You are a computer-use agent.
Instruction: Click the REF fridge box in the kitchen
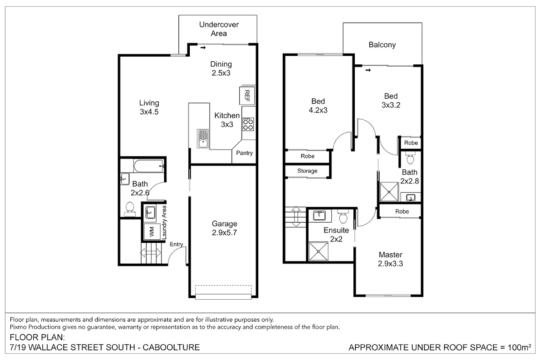click(247, 96)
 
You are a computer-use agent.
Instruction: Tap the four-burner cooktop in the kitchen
click(248, 124)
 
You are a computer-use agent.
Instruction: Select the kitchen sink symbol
click(203, 139)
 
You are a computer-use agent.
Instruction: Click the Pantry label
click(244, 153)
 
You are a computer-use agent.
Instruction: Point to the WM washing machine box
click(152, 232)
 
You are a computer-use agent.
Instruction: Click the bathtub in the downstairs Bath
click(148, 166)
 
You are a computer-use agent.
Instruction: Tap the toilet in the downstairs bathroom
click(130, 209)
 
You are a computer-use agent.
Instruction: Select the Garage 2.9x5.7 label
click(225, 228)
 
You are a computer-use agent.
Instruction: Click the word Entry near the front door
click(176, 244)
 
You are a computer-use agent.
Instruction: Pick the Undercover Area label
click(219, 29)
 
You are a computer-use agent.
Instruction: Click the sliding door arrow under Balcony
click(368, 70)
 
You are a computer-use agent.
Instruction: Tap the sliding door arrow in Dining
click(203, 48)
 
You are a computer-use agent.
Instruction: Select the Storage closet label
click(307, 171)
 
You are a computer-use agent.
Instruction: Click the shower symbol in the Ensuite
click(319, 251)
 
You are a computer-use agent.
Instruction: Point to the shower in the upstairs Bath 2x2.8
click(389, 192)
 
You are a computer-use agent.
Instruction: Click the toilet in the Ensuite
click(343, 216)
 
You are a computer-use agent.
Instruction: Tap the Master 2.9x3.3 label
click(390, 259)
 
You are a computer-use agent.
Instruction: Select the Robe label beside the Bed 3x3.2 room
click(411, 143)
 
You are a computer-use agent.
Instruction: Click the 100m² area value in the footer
click(519, 347)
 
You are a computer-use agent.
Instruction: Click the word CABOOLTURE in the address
click(171, 347)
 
